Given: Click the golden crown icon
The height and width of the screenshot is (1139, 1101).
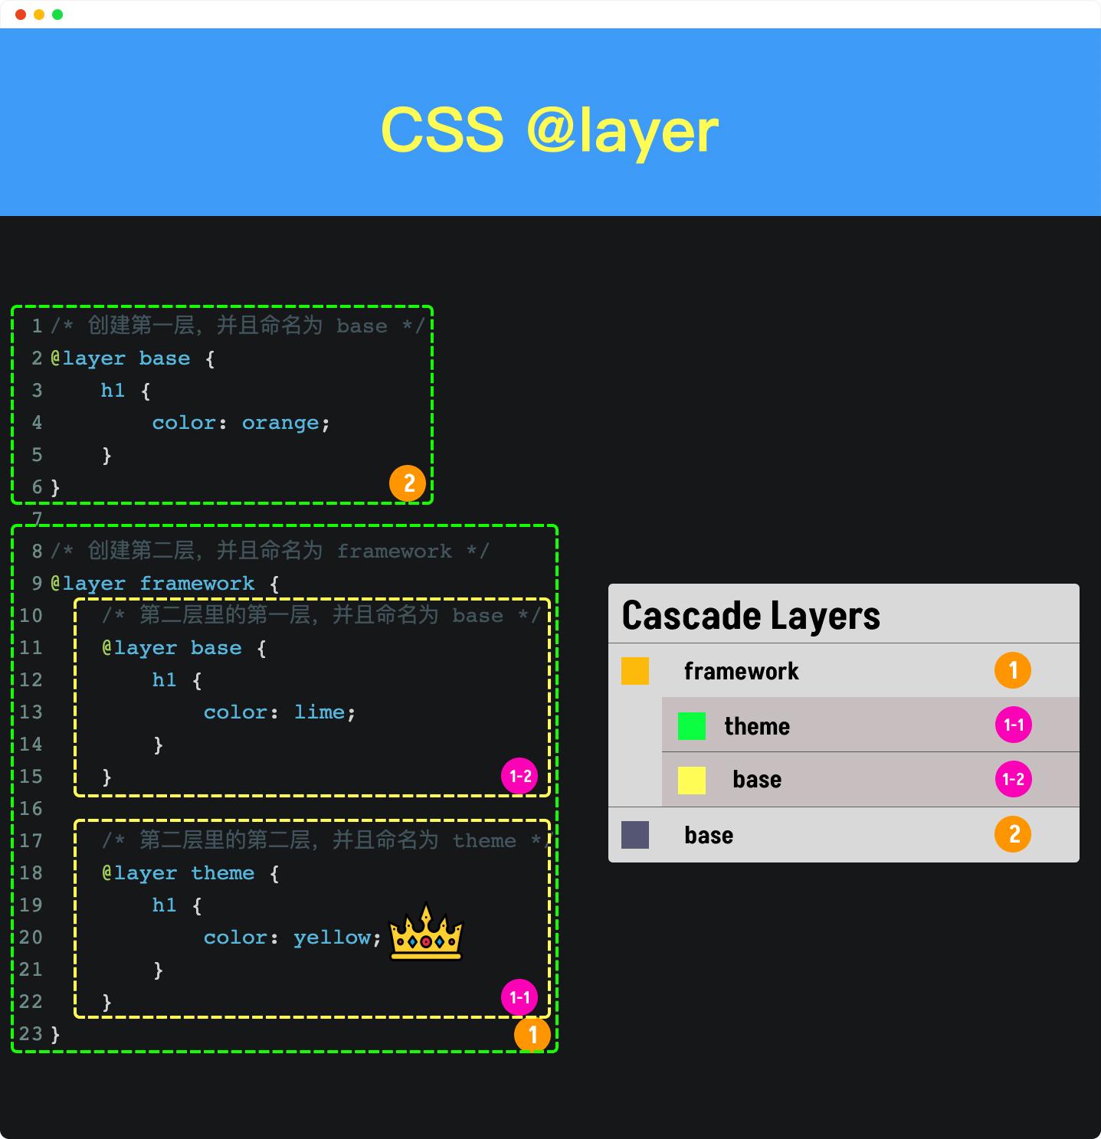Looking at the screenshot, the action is coord(426,931).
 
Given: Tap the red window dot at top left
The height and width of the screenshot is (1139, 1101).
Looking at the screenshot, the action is coord(21,15).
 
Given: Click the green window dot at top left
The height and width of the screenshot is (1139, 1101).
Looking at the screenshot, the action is coord(57,15).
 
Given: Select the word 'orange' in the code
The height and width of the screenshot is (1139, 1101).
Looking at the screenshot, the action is coord(280,423).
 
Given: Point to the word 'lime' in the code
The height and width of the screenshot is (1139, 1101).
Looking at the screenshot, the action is coord(319,712).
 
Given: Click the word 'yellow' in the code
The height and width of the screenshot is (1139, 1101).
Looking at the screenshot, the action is coord(332,938).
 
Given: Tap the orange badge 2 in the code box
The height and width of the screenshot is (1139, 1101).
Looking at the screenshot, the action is coord(408,483).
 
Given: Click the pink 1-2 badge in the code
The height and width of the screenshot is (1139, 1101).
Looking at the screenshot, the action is coord(519,776).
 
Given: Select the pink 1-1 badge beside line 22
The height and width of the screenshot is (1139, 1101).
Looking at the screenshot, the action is coord(519,997).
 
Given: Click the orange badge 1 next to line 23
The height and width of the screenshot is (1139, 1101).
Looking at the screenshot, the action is coord(532,1035).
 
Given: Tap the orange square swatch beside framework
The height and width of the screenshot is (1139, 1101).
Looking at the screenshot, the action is coord(635,671).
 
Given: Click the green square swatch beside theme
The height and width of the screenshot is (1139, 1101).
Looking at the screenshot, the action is coord(691,726).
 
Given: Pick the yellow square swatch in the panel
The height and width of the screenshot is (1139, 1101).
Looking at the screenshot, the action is coord(691,781).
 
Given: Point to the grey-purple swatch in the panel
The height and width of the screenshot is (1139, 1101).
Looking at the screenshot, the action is coord(635,835).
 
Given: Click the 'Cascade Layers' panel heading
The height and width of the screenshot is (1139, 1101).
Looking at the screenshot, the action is coord(751,616).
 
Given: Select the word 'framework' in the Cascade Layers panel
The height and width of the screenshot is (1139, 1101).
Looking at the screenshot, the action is coord(741,671).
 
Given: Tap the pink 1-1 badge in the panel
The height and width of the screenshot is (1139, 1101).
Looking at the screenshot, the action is coord(1013,725).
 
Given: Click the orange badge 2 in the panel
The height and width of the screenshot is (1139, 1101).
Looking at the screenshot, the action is coord(1013,834).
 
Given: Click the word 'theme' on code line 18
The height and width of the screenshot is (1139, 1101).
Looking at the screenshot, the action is coord(222,873).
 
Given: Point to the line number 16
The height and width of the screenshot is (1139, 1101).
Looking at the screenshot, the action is coord(31,809).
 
